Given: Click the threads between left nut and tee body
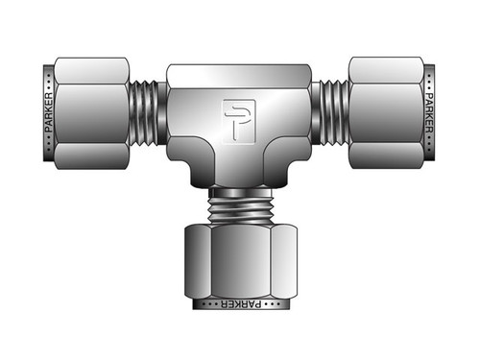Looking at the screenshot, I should click(x=147, y=112).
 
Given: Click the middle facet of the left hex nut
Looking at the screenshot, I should click(x=91, y=112).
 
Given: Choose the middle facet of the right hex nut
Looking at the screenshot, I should click(x=386, y=112).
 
